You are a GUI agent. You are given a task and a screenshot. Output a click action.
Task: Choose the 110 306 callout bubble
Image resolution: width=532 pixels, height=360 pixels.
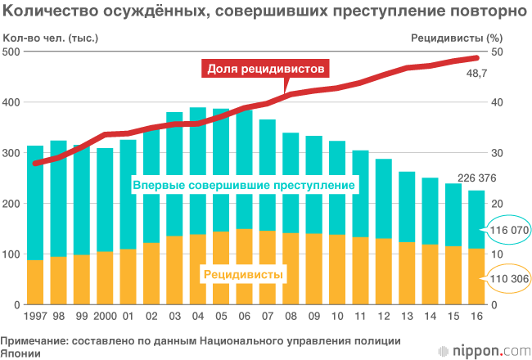pyautogui.click(x=508, y=279)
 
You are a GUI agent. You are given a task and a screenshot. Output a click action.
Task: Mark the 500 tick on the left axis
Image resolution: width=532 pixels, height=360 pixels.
pyautogui.click(x=11, y=52)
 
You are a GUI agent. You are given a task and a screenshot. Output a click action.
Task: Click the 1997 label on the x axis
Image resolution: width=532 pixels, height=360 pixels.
pyautogui.click(x=35, y=316)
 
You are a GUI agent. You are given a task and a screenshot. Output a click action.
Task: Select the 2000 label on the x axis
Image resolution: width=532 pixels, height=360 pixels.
pyautogui.click(x=105, y=316)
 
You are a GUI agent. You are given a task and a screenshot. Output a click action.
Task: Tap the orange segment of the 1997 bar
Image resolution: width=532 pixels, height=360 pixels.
pyautogui.click(x=35, y=282)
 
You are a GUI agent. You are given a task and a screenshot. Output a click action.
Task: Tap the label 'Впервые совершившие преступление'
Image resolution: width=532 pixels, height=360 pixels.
pyautogui.click(x=243, y=186)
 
